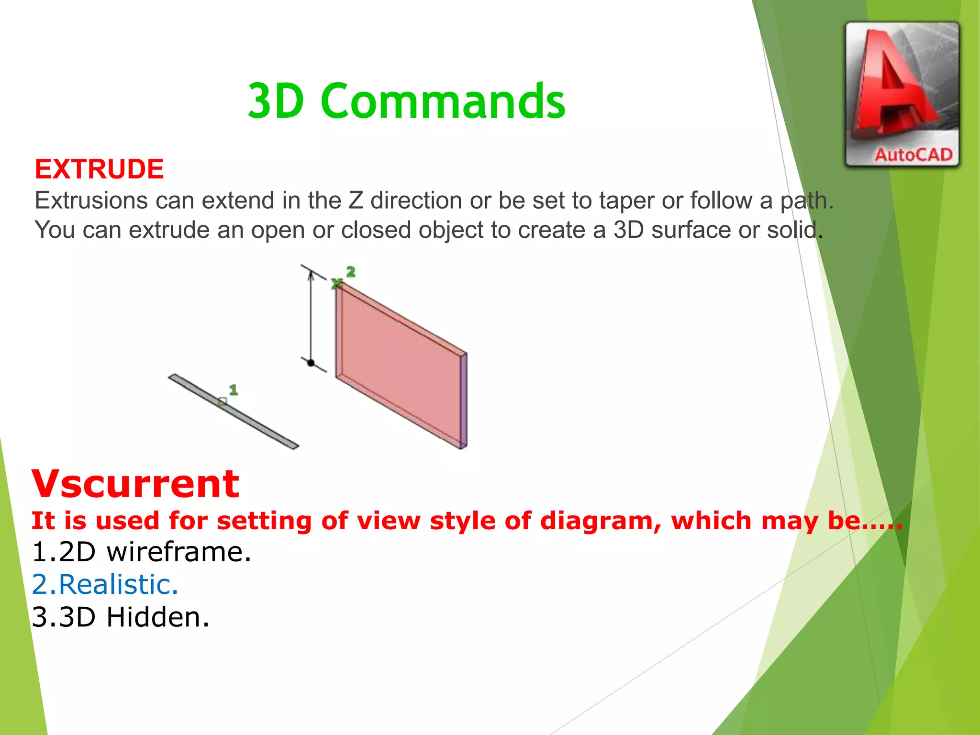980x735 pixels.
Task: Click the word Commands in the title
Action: click(x=443, y=101)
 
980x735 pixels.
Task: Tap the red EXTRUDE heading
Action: click(x=99, y=169)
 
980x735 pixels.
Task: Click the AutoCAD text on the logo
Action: click(x=913, y=155)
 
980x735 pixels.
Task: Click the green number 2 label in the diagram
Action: click(x=351, y=272)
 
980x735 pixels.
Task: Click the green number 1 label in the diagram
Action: click(x=233, y=390)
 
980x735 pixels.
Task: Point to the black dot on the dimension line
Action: click(x=311, y=363)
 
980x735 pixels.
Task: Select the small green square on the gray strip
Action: click(x=222, y=402)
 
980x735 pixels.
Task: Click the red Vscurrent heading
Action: click(x=135, y=484)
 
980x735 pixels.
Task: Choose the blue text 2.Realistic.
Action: click(x=105, y=585)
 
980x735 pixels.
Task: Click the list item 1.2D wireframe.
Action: click(x=141, y=552)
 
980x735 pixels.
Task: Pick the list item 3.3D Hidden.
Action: click(x=121, y=617)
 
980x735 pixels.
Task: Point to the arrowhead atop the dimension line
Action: click(x=311, y=276)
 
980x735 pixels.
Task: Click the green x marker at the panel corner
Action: click(x=336, y=284)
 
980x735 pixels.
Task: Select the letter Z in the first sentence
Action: click(x=356, y=200)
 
